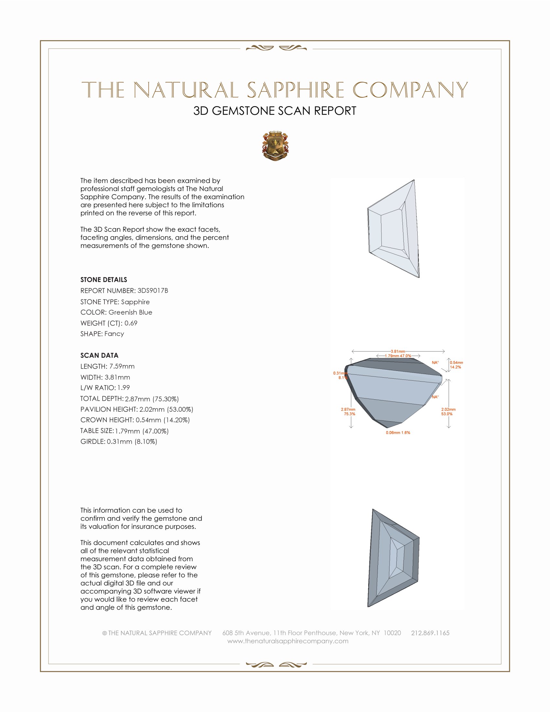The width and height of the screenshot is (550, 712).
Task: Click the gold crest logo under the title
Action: coord(275,146)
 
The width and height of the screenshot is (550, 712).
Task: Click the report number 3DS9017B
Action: coord(152,291)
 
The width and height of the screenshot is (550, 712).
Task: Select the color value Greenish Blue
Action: coord(130,312)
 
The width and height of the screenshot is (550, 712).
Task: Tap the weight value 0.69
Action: coord(131,323)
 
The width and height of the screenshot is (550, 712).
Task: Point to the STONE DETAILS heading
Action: coord(104,280)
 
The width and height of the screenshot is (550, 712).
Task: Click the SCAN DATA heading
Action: coord(99,355)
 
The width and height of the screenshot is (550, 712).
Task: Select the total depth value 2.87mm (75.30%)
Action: coord(152,399)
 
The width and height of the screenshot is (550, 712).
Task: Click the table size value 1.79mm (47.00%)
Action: coord(142,431)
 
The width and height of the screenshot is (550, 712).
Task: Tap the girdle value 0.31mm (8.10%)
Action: coord(132,442)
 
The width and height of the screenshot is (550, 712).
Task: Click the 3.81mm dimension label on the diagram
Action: coord(398,351)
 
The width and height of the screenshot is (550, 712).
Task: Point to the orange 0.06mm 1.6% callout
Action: coord(398,433)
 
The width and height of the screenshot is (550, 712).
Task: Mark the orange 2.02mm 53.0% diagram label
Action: coord(448,412)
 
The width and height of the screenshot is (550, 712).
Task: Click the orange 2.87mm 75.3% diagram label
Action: coord(348,412)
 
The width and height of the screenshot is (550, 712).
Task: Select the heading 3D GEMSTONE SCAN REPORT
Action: coord(275,111)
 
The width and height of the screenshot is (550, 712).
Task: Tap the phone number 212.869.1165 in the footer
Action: coord(430,633)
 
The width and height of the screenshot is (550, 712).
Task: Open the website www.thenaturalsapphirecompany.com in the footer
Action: coord(288,641)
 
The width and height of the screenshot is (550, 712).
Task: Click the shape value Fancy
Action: coord(114,334)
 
